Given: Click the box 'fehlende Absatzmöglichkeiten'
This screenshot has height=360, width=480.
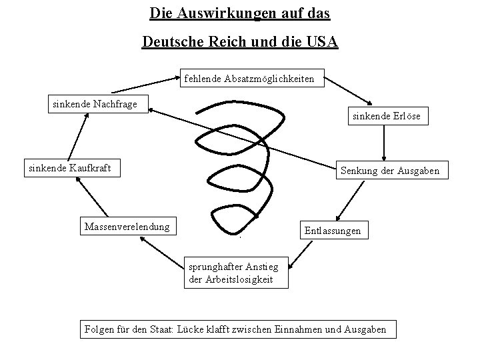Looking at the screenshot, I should pyautogui.click(x=253, y=79).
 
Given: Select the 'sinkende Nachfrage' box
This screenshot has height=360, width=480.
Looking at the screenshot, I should pyautogui.click(x=95, y=104).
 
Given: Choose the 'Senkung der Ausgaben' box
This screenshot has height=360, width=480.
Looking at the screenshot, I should pyautogui.click(x=389, y=171).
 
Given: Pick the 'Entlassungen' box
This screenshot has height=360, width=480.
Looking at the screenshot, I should pyautogui.click(x=332, y=231).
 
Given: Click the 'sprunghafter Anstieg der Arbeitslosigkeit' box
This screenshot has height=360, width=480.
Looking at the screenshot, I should pyautogui.click(x=237, y=273).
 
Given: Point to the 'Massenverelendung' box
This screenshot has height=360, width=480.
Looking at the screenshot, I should pyautogui.click(x=127, y=227).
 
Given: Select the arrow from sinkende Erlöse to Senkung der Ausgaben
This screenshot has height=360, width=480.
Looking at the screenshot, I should pyautogui.click(x=385, y=142).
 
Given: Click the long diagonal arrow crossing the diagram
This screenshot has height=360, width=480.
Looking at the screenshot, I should pyautogui.click(x=240, y=137).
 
